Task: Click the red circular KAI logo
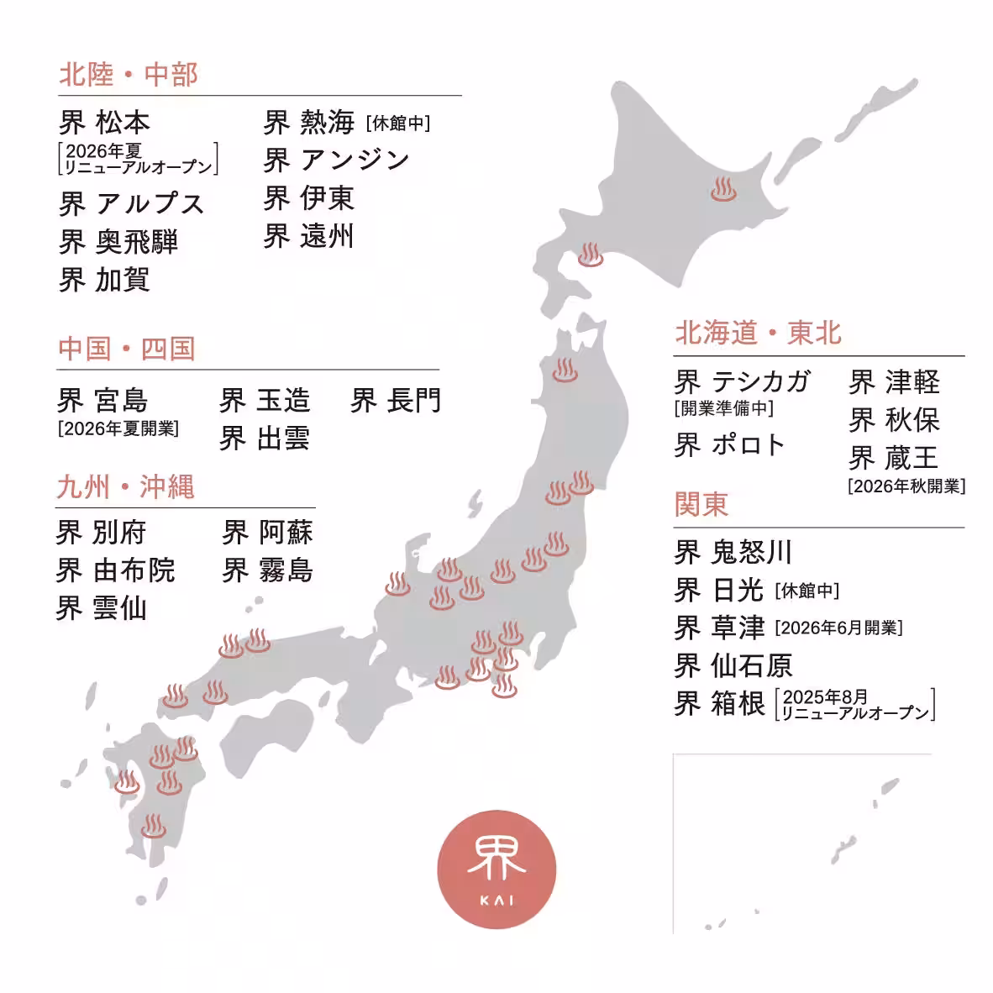click(x=496, y=869)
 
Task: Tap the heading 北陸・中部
click(x=129, y=75)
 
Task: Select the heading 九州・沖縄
click(x=125, y=486)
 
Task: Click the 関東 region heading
click(x=701, y=504)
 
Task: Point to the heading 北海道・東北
click(x=758, y=333)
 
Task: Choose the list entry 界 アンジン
click(x=336, y=160)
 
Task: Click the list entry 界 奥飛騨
click(x=118, y=242)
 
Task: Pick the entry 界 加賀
click(x=104, y=280)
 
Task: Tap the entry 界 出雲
click(x=265, y=439)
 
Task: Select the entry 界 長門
click(x=396, y=401)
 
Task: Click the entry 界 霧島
click(x=267, y=570)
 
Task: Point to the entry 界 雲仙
click(x=101, y=608)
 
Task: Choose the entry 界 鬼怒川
click(x=733, y=552)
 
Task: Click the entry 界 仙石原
click(x=733, y=665)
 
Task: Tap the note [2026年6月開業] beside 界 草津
click(x=838, y=628)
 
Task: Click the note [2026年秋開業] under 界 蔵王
click(x=906, y=486)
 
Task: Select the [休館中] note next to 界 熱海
click(x=398, y=123)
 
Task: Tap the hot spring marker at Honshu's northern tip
click(x=565, y=370)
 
